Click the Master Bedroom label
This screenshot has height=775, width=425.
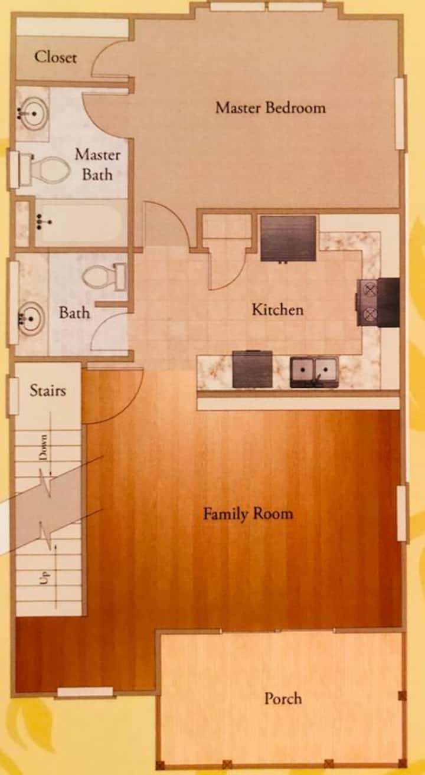(x=270, y=107)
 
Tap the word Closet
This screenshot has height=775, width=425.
(x=55, y=57)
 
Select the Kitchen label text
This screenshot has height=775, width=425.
(x=277, y=309)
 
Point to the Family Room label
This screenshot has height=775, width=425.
(x=248, y=514)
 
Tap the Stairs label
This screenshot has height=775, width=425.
(x=48, y=391)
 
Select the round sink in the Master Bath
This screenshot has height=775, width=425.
(x=33, y=113)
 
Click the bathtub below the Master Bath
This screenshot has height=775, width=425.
(x=79, y=222)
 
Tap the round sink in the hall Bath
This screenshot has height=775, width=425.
(x=31, y=318)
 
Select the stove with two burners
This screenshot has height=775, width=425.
(x=378, y=302)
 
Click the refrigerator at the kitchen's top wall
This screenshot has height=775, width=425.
(x=288, y=238)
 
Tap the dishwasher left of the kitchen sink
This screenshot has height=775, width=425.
(x=252, y=369)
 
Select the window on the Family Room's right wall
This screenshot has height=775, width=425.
(x=401, y=513)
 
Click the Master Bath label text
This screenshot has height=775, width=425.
(x=97, y=164)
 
